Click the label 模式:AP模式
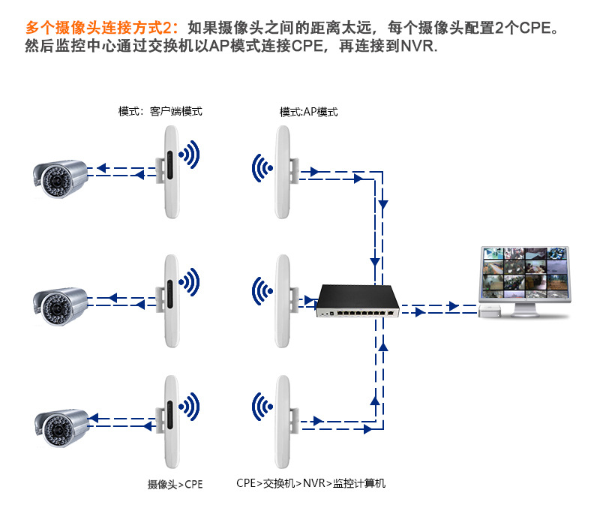pyautogui.click(x=308, y=112)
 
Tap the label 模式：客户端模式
pyautogui.click(x=160, y=112)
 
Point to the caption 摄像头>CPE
pyautogui.click(x=175, y=484)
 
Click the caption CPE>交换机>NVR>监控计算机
pyautogui.click(x=310, y=483)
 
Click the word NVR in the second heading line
pyautogui.click(x=417, y=47)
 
